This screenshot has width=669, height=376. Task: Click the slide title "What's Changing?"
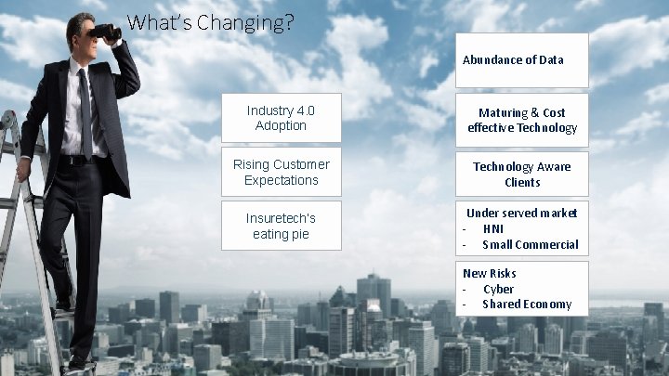210,22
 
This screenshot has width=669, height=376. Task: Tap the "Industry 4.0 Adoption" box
281,118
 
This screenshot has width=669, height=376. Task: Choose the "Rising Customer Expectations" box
281,172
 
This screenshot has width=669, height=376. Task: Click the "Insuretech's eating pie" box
281,226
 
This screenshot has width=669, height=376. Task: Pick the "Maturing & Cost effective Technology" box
521,120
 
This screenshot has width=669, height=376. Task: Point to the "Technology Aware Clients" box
521,174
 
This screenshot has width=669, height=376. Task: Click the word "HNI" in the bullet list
493,228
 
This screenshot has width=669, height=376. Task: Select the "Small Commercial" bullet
530,244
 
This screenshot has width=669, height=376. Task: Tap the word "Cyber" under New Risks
498,289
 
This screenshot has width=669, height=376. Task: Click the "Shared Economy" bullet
527,305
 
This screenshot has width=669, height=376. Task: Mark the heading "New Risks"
490,273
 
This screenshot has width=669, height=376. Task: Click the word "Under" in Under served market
483,213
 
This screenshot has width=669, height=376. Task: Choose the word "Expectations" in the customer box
281,180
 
